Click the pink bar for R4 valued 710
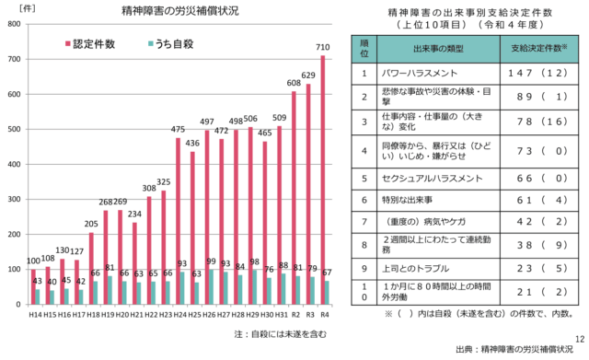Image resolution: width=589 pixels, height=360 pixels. click(322, 180)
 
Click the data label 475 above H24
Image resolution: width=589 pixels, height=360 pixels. click(179, 130)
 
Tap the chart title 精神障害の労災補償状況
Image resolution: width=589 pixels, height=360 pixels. click(173, 11)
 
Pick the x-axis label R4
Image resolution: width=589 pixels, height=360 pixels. click(325, 314)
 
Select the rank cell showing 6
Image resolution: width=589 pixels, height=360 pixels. click(364, 200)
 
